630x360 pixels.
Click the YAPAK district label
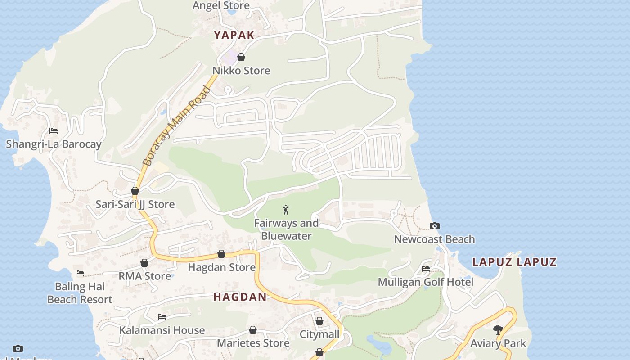tap(234, 35)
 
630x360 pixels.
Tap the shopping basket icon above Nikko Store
tap(241, 57)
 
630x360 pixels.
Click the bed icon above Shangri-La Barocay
tap(54, 131)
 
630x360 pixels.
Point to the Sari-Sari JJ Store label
tap(135, 204)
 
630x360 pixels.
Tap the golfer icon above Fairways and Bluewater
tap(286, 210)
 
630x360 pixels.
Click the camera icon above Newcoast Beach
tap(434, 226)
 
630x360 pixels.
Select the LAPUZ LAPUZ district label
tap(514, 262)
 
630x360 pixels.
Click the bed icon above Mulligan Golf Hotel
tap(426, 269)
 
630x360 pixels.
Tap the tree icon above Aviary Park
tap(498, 330)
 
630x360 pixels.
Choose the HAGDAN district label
tap(240, 297)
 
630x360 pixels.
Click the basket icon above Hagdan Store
tap(221, 254)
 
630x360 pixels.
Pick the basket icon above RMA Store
tap(144, 263)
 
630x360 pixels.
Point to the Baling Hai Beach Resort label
tap(80, 293)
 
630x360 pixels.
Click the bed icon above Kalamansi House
tap(162, 317)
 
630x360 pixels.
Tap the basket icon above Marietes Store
tap(253, 330)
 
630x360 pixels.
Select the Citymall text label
tap(319, 334)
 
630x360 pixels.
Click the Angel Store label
tap(221, 6)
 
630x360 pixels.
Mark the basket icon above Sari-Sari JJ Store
tap(135, 191)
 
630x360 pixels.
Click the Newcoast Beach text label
tap(434, 239)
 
